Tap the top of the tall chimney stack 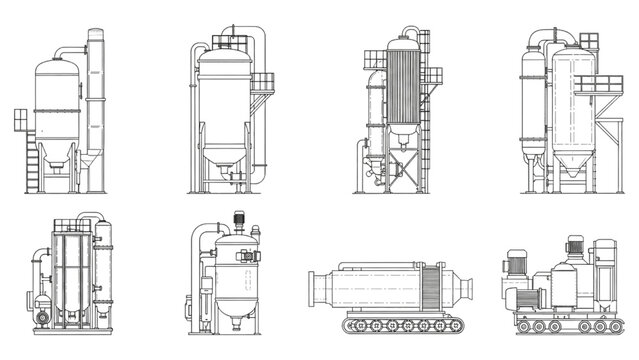(95, 34)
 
